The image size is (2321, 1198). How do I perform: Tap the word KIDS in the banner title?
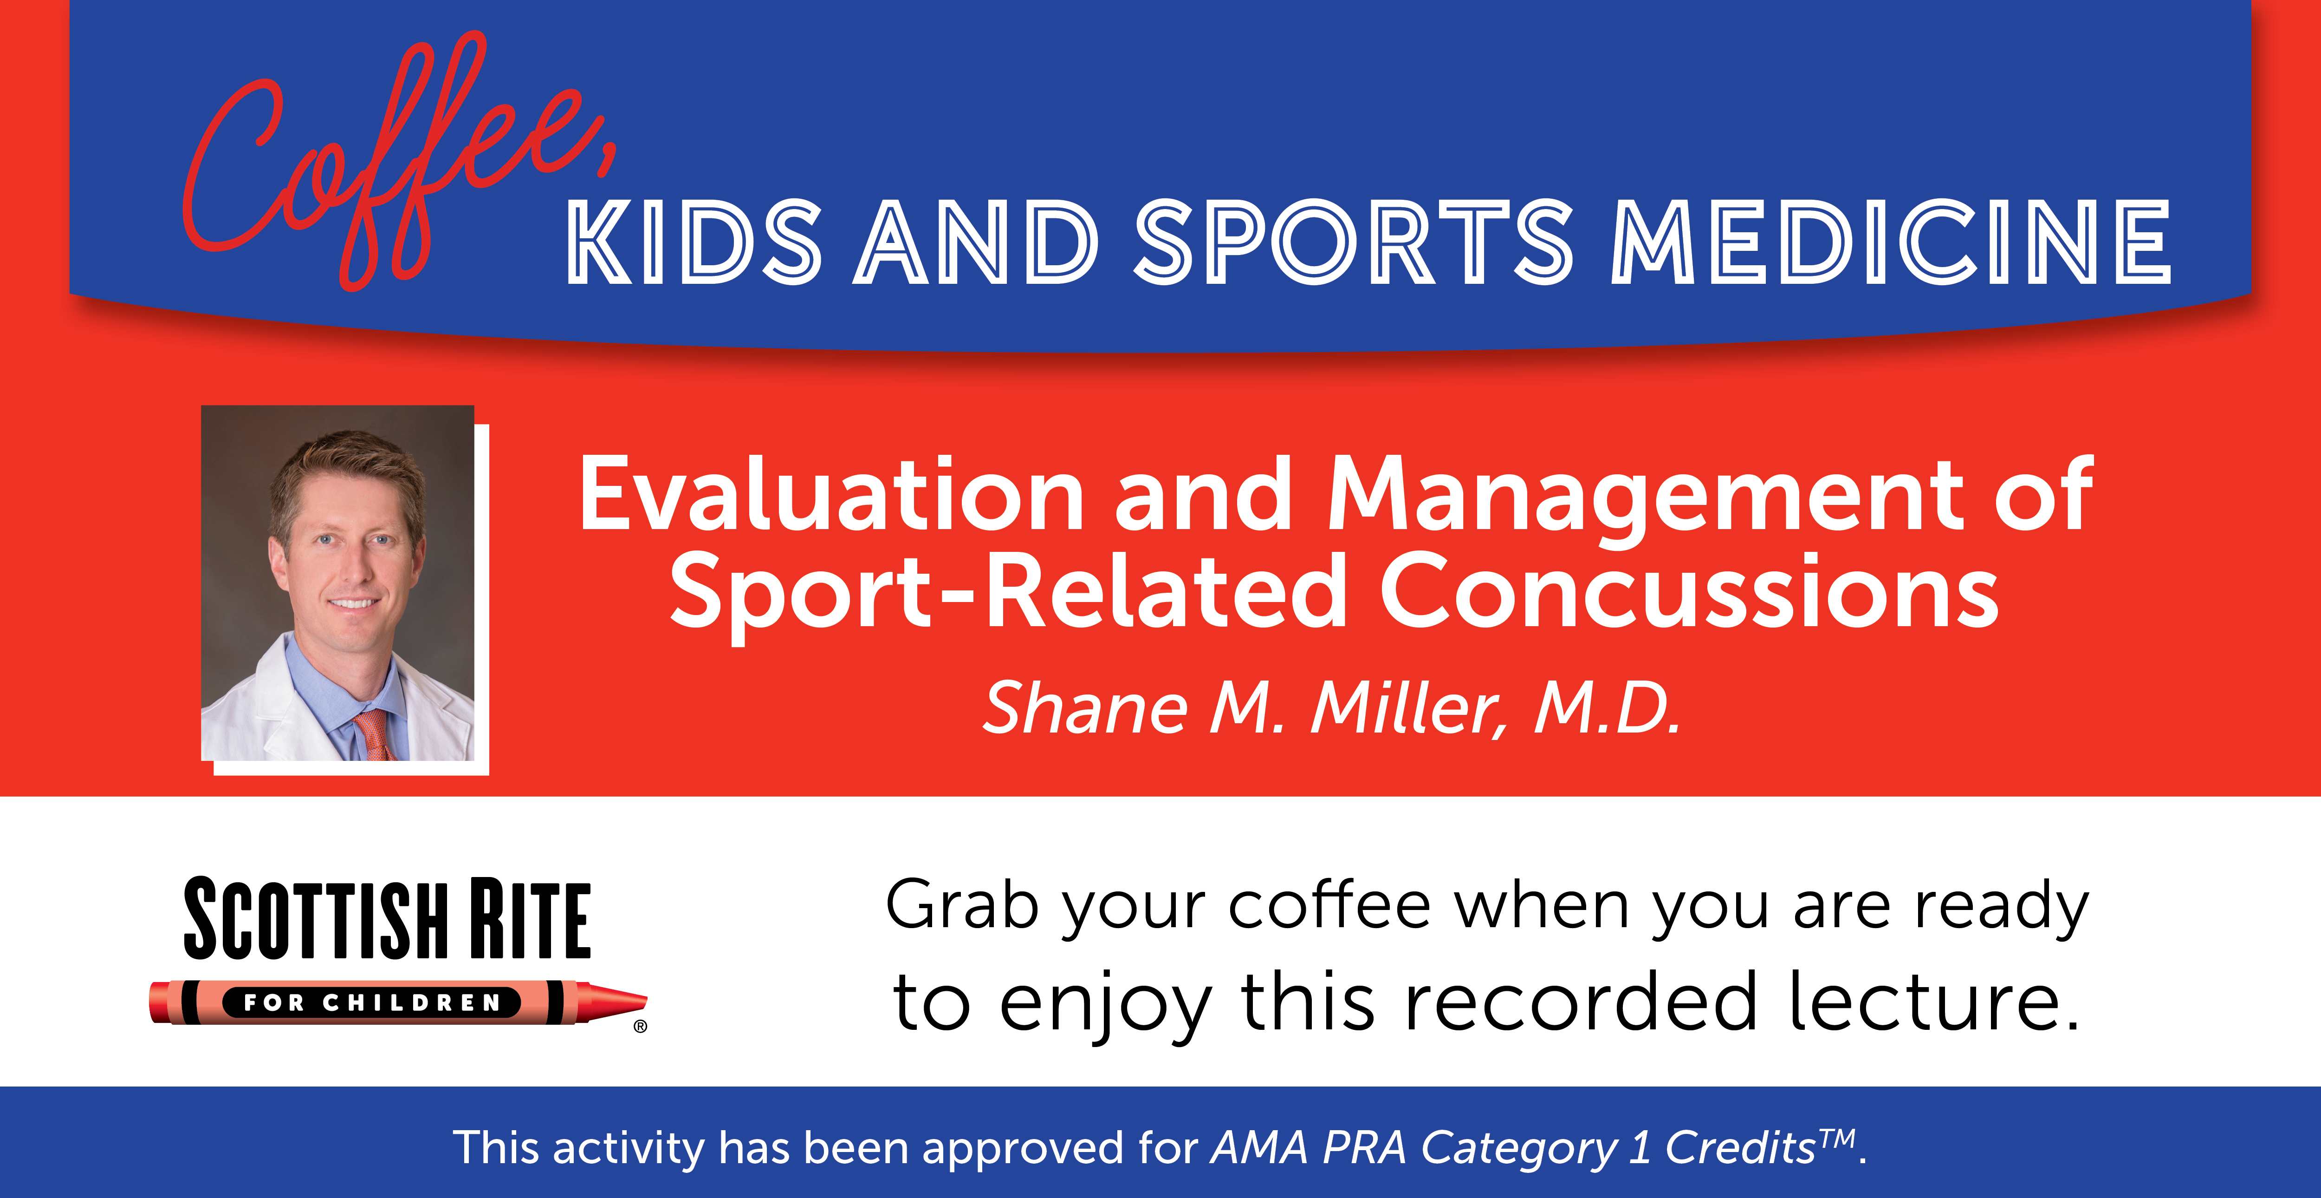tap(694, 242)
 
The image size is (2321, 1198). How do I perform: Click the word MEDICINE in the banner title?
tap(1890, 242)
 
